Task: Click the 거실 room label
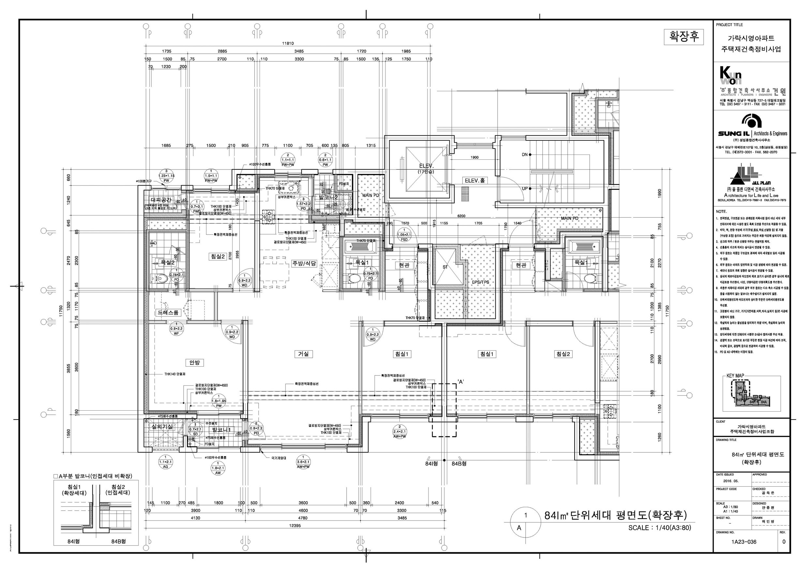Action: pyautogui.click(x=303, y=354)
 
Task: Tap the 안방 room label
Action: pyautogui.click(x=194, y=362)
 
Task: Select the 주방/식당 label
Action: pyautogui.click(x=304, y=263)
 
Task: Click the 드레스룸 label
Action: pyautogui.click(x=168, y=313)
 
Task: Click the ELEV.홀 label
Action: pyautogui.click(x=475, y=181)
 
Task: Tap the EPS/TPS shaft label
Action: pyautogui.click(x=481, y=282)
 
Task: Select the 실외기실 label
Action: pyautogui.click(x=162, y=427)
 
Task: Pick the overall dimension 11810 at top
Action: pyautogui.click(x=288, y=44)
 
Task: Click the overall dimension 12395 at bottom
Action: pyautogui.click(x=295, y=525)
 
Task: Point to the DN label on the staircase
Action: pyautogui.click(x=525, y=154)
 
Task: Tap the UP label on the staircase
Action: pyautogui.click(x=525, y=188)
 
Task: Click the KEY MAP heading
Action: pyautogui.click(x=735, y=376)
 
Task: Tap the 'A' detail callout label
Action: pyautogui.click(x=460, y=381)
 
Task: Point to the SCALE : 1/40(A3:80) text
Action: pyautogui.click(x=660, y=528)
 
